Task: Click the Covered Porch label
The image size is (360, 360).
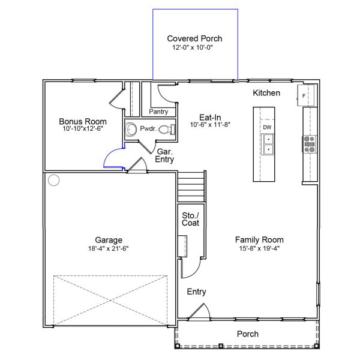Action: click(194, 38)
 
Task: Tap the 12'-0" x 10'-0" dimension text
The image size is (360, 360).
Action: click(193, 47)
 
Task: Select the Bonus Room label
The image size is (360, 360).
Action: click(83, 121)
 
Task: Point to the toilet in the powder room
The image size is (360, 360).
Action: click(167, 129)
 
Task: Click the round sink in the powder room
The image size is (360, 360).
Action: click(131, 129)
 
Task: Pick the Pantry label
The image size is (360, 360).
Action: click(158, 112)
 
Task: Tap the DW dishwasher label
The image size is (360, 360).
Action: click(267, 127)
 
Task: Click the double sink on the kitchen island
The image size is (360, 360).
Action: click(268, 145)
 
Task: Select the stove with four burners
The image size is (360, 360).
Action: click(309, 144)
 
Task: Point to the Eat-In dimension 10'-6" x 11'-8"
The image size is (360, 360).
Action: click(210, 125)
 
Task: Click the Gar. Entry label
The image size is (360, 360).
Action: click(164, 155)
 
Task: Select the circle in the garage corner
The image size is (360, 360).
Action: click(54, 180)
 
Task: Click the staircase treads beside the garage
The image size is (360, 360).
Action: click(191, 187)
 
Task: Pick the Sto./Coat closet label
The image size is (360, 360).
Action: click(191, 219)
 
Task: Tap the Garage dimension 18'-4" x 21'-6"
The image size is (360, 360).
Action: click(109, 248)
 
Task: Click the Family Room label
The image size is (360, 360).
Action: click(259, 239)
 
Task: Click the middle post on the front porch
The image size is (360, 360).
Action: click(221, 346)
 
